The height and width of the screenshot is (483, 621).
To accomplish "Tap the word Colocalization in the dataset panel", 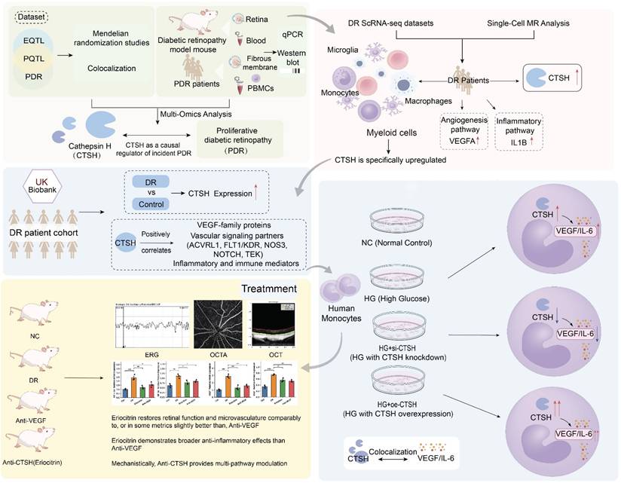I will [110, 75].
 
